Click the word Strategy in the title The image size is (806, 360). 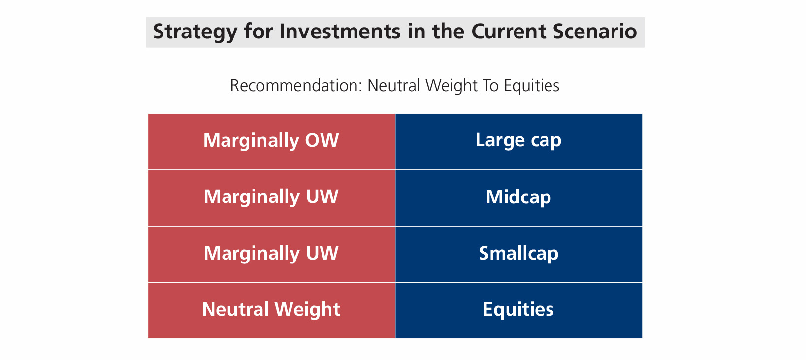point(195,32)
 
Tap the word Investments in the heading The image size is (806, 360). point(340,32)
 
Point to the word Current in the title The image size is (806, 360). point(509,32)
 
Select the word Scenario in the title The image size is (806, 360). point(595,32)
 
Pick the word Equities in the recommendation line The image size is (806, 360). point(531,86)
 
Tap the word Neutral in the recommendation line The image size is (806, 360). point(393,86)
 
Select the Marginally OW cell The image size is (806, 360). point(272,142)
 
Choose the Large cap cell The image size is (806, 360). point(519,142)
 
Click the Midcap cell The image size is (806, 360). point(519,198)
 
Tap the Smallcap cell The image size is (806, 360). point(519,254)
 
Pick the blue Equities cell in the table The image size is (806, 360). point(519,310)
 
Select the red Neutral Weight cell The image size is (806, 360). point(272,310)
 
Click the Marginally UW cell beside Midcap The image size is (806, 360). point(272,198)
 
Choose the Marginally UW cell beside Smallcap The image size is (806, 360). point(272,254)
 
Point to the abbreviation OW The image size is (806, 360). point(322,140)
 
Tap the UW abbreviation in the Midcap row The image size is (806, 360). point(322,196)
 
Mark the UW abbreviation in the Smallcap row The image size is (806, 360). point(322,253)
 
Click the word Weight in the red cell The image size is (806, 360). point(307,309)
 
